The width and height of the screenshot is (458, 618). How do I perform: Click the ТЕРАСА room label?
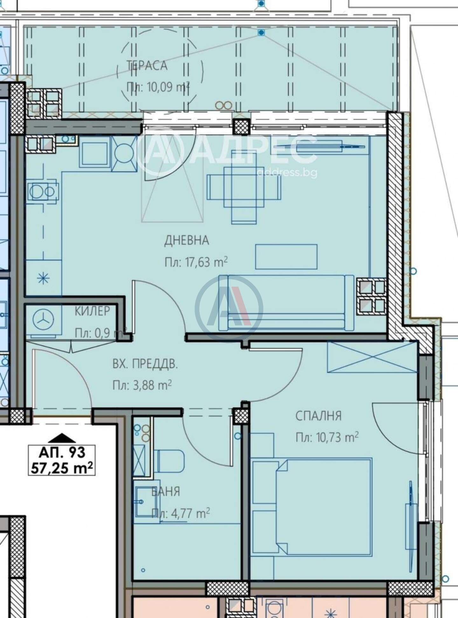point(147,65)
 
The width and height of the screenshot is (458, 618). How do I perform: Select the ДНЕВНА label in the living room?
point(187,240)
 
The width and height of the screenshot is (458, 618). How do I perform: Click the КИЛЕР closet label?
point(93,311)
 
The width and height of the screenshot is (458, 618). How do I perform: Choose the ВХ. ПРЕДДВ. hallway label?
point(145,364)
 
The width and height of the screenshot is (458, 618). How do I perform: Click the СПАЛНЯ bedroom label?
point(318,416)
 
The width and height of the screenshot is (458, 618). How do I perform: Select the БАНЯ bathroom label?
point(165,492)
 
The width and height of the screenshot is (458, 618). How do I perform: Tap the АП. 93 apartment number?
point(62,452)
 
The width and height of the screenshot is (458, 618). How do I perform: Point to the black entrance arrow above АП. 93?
point(64,438)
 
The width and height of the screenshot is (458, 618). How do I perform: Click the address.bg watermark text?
point(287,173)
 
